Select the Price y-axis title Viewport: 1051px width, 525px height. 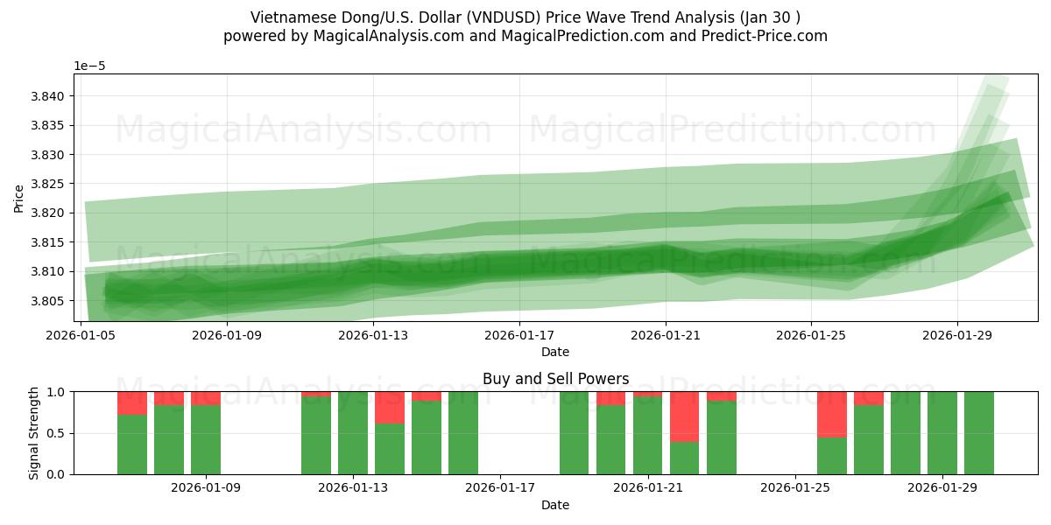pyautogui.click(x=18, y=198)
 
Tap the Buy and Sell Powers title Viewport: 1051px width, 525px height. pyautogui.click(x=555, y=379)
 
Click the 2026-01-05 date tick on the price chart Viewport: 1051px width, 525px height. pyautogui.click(x=81, y=333)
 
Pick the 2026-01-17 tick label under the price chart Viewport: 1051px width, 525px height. pyautogui.click(x=519, y=333)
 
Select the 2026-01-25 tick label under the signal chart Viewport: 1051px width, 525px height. pyautogui.click(x=795, y=486)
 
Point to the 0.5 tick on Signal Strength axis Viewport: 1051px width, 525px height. pyautogui.click(x=56, y=433)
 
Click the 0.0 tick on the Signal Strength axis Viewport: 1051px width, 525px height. pyautogui.click(x=56, y=474)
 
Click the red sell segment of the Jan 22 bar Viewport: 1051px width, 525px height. pyautogui.click(x=685, y=416)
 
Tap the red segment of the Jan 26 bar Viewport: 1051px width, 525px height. pyautogui.click(x=832, y=414)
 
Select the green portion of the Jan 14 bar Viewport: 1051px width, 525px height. pyautogui.click(x=390, y=449)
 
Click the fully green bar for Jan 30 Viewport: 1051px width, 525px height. pyautogui.click(x=979, y=433)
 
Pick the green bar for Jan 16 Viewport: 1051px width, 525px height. pyautogui.click(x=463, y=433)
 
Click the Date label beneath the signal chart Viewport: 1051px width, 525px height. pyautogui.click(x=555, y=505)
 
